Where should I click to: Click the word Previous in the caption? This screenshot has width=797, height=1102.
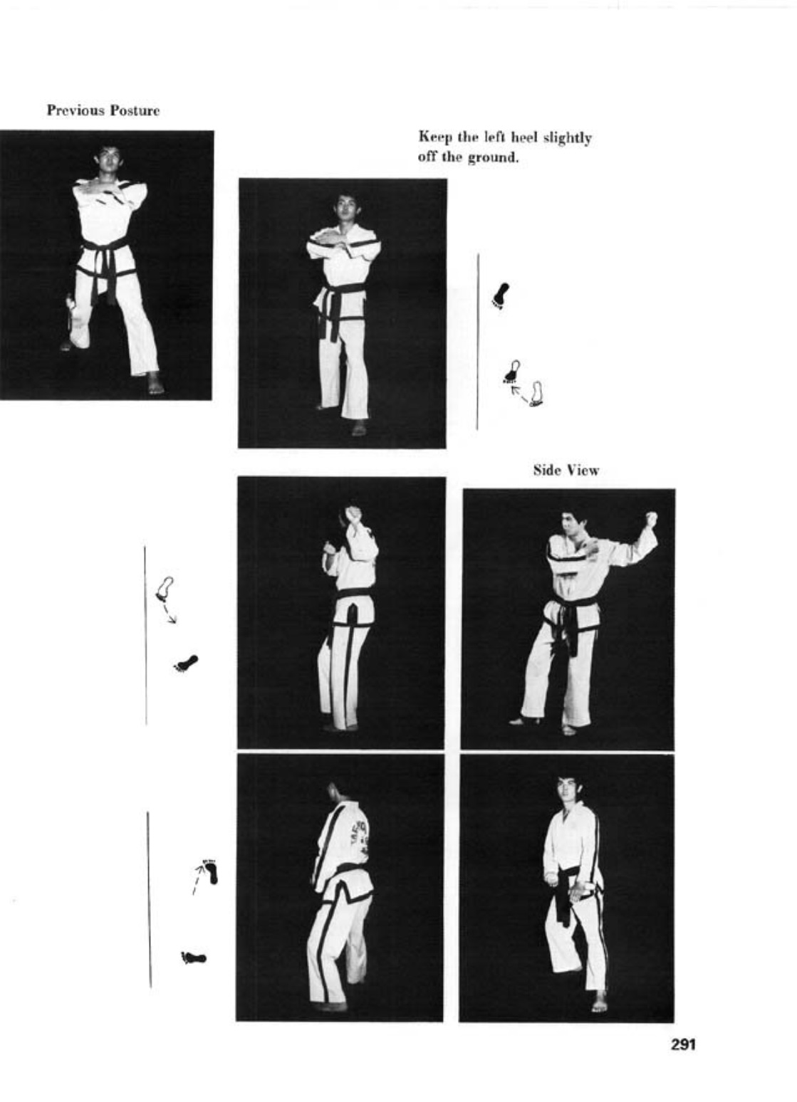point(75,110)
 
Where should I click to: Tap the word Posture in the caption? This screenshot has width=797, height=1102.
point(135,110)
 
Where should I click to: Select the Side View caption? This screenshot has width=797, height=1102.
point(566,471)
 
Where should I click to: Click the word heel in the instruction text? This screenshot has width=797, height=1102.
point(525,137)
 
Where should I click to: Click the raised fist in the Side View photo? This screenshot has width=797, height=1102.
point(651,518)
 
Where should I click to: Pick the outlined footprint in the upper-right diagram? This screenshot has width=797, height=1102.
point(536,394)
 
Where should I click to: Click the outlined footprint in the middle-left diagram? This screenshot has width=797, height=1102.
point(165,589)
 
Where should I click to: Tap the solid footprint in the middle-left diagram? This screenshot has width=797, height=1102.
point(186,663)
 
